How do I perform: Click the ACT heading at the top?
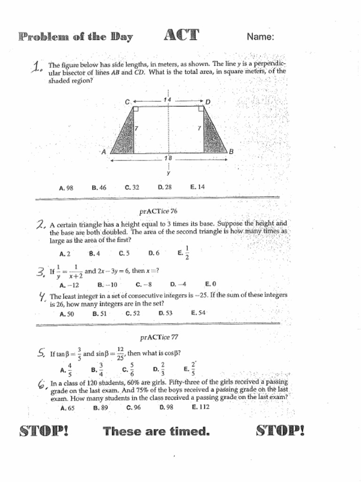(x=181, y=35)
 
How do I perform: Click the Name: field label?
(x=260, y=37)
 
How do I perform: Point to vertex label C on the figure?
(x=127, y=102)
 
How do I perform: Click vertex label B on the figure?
(x=231, y=151)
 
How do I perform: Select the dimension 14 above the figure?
(x=167, y=100)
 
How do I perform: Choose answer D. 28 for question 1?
(x=165, y=187)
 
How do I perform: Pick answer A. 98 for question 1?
(x=66, y=188)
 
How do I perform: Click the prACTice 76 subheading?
(x=158, y=211)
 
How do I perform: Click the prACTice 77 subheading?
(x=159, y=337)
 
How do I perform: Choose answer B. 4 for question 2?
(x=94, y=253)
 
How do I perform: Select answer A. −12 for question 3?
(x=69, y=285)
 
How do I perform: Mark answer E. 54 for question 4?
(x=198, y=313)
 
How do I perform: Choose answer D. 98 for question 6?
(x=166, y=408)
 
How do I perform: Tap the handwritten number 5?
(x=41, y=353)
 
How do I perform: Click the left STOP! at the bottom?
(x=44, y=431)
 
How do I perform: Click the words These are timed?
(x=156, y=431)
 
